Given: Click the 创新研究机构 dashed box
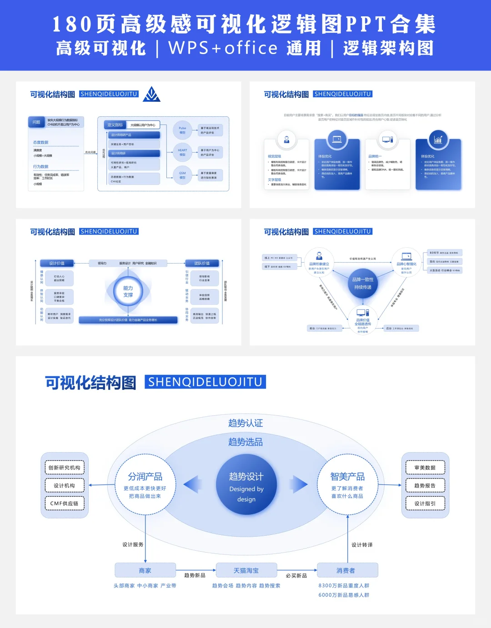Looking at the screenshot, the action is point(65,468).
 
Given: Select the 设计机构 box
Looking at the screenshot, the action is point(65,485).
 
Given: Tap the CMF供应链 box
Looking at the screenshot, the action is point(65,503).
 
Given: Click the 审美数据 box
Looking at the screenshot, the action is point(425,468).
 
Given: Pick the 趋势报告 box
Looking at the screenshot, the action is point(425,485).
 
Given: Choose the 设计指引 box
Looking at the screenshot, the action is point(425,503).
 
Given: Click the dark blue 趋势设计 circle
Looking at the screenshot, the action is point(246,485).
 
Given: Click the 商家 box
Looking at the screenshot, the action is point(145,570).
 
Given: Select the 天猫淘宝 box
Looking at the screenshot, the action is point(246,570).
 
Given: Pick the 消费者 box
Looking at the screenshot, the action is point(347,570).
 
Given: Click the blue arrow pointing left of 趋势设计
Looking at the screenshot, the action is point(193,484).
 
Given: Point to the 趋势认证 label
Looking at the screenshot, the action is point(245,423).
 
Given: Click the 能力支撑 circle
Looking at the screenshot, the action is point(128,291).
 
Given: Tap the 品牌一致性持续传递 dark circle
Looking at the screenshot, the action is point(363,284).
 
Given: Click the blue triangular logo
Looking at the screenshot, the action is point(151,94).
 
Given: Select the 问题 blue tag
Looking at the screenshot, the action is point(36,122).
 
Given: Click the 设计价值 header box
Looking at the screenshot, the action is point(57,263).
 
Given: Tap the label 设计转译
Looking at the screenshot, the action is point(362,545).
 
